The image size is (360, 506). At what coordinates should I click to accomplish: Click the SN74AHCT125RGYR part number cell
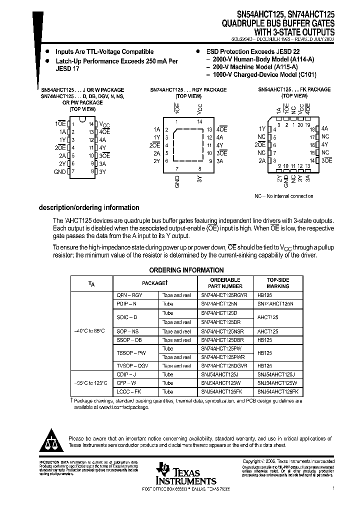224,295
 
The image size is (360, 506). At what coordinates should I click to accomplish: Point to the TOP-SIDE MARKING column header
278,283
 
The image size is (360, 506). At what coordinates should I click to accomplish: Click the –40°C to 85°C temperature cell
90,331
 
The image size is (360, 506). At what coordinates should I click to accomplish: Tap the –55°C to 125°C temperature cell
90,383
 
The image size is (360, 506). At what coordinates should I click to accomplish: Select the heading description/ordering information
89,207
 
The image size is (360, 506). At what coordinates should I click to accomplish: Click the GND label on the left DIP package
59,171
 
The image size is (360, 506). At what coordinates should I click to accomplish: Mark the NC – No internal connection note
283,196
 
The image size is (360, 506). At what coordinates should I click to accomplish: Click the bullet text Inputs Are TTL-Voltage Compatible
104,51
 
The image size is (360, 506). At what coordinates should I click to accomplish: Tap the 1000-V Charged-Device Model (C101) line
260,75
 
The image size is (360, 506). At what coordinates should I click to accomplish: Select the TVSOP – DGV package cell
132,366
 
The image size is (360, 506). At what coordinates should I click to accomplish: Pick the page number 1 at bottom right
332,487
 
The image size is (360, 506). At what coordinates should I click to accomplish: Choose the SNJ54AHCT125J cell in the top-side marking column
276,374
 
